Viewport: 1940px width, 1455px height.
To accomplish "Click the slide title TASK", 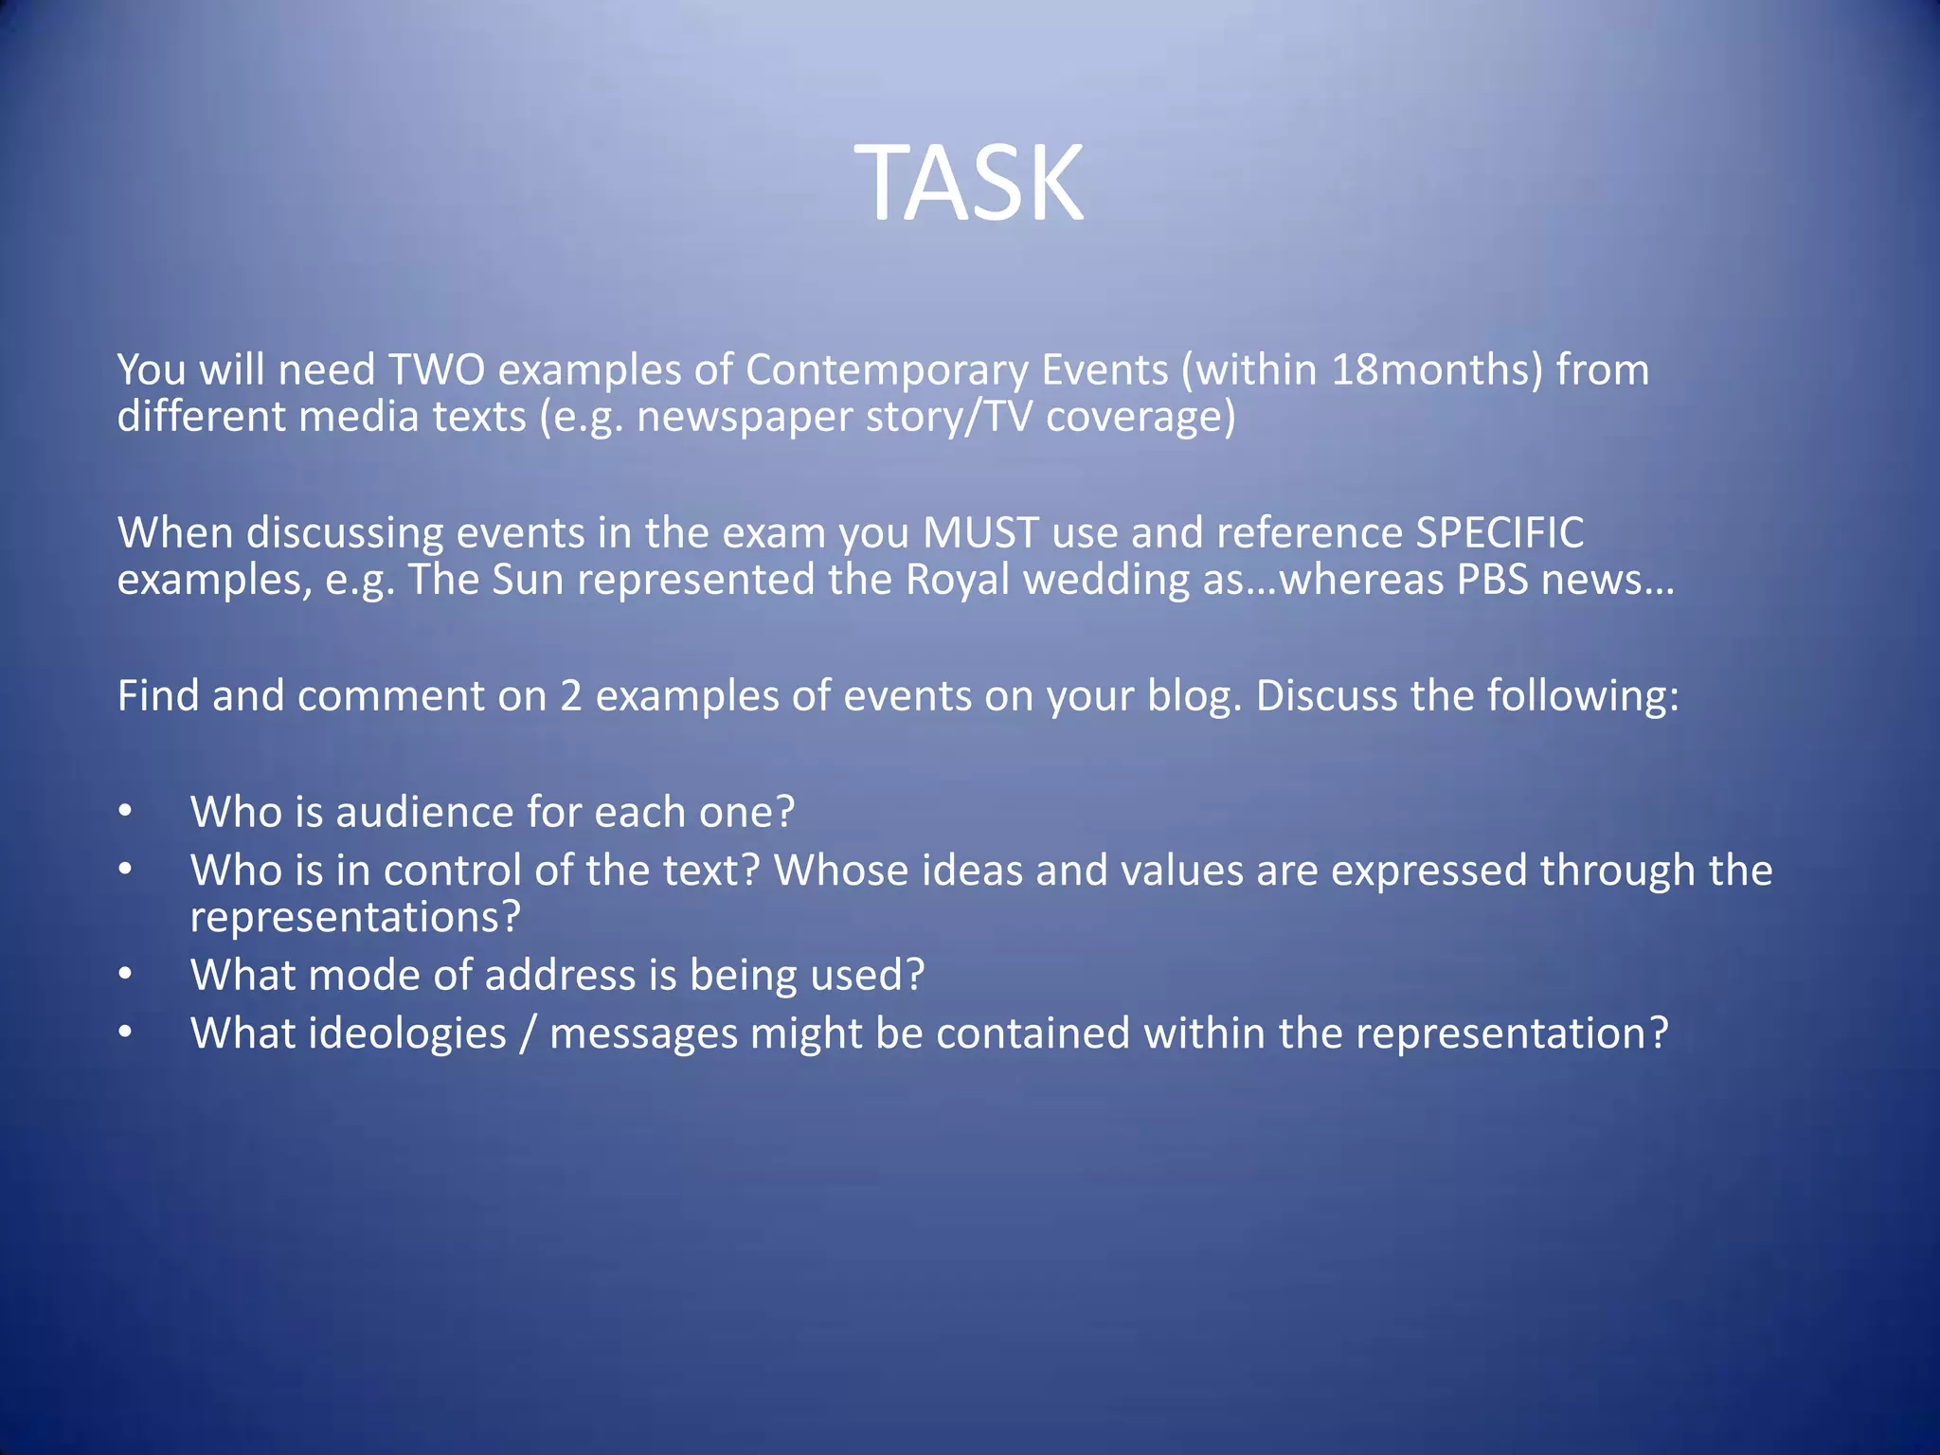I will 969,183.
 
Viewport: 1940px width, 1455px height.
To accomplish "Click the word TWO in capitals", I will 437,369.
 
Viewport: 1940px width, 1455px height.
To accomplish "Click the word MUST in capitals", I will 980,532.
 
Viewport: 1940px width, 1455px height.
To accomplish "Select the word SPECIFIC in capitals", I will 1500,532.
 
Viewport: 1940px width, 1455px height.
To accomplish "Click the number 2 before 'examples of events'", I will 570,696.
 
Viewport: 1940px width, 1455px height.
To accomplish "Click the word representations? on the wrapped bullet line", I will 355,917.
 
